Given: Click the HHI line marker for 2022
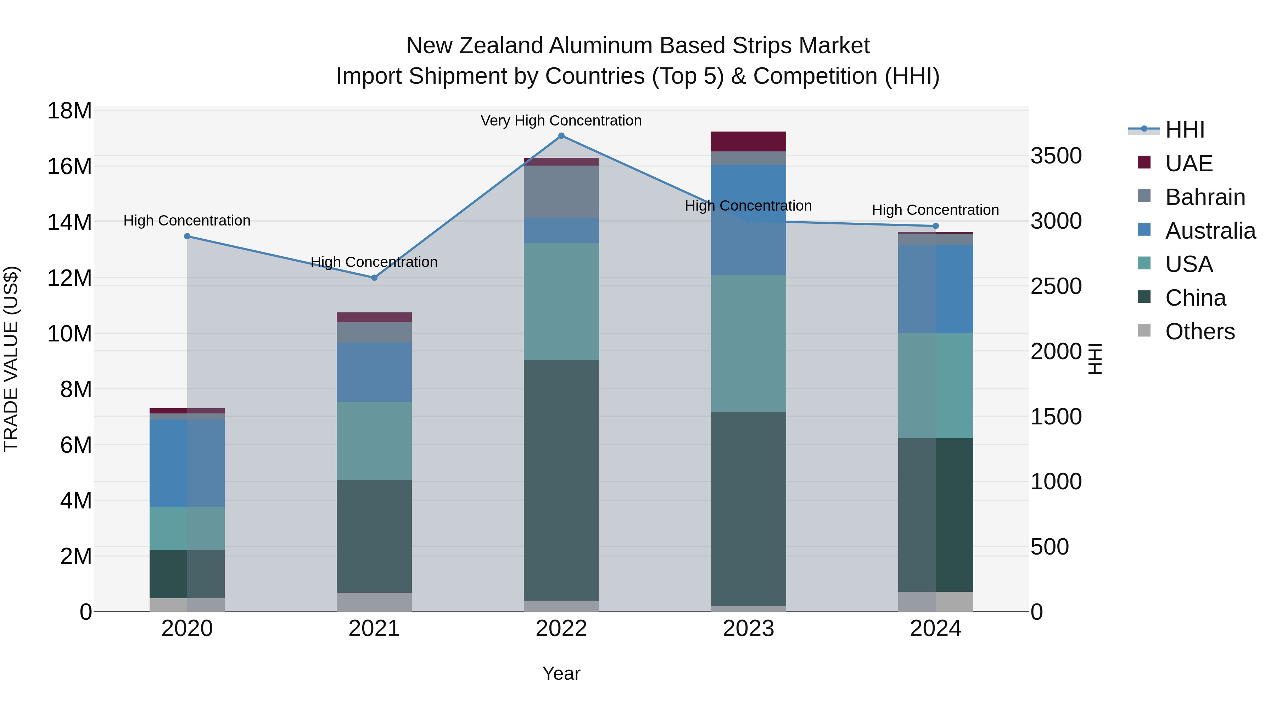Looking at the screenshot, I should click(x=561, y=136).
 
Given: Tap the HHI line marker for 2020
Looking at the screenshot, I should click(x=187, y=236).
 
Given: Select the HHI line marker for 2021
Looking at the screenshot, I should click(x=375, y=278).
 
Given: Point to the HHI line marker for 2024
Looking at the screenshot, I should click(x=936, y=226).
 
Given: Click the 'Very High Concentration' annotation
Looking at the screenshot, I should click(x=561, y=121).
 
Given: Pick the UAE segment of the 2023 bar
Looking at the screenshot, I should click(x=749, y=142).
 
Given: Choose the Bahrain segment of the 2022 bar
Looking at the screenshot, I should click(x=561, y=192).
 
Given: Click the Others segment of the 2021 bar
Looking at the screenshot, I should click(x=375, y=602).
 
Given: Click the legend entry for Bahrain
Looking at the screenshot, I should click(x=1205, y=197).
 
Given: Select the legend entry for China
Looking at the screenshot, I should click(x=1195, y=298).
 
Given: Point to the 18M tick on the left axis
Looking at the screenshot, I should click(x=69, y=111).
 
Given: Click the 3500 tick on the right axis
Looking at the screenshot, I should click(x=1056, y=156).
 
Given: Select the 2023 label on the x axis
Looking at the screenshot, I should click(x=749, y=629).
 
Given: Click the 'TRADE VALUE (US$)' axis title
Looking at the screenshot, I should click(x=11, y=359).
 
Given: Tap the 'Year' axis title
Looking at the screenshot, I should click(x=561, y=673).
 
